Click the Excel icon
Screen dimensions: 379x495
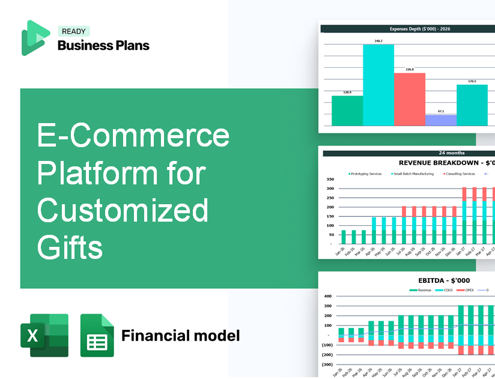[x=44, y=335]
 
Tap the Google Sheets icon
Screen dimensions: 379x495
[x=97, y=335]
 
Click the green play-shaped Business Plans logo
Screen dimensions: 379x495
[x=35, y=37]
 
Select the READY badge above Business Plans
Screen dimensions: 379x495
[x=73, y=32]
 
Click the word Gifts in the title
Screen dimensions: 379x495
[x=70, y=246]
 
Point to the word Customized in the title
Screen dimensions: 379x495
[x=123, y=210]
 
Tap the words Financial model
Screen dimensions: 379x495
[x=180, y=335]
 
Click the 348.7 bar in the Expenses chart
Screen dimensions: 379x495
[x=378, y=85]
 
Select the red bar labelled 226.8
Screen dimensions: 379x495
[x=409, y=99]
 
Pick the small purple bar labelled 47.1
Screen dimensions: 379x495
[x=440, y=120]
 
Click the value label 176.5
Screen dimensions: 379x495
[x=472, y=81]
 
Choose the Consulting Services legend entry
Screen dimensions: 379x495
[x=459, y=174]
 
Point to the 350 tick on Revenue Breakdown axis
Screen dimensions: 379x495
[x=330, y=179]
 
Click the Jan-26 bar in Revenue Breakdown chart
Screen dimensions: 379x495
[x=344, y=237]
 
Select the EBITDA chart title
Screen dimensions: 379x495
[x=444, y=280]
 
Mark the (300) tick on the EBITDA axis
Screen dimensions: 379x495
[x=327, y=365]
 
